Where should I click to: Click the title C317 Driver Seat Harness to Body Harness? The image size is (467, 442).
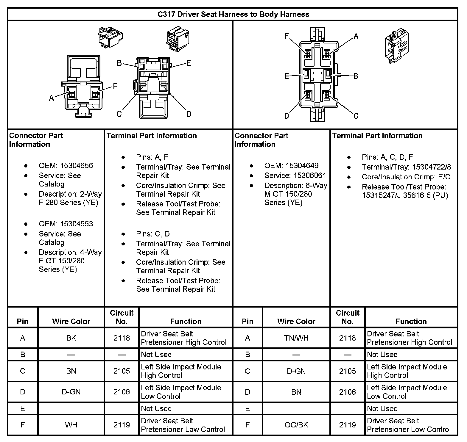click(233, 14)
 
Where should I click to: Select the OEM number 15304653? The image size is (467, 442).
click(77, 224)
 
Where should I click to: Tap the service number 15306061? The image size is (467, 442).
click(310, 175)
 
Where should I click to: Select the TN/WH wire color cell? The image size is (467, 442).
click(296, 338)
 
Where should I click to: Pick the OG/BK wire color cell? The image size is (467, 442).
click(296, 425)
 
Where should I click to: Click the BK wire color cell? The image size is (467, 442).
click(71, 338)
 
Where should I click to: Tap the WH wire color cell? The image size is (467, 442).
click(71, 425)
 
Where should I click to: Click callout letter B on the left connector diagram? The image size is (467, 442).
click(119, 63)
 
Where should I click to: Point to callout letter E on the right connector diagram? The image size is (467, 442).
click(287, 76)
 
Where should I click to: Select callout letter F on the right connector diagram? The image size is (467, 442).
click(287, 36)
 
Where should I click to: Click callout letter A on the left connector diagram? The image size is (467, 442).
click(52, 98)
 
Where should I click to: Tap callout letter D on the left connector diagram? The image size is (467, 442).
click(189, 114)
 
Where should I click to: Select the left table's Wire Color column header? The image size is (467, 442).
click(71, 321)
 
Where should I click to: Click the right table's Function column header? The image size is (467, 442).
click(411, 321)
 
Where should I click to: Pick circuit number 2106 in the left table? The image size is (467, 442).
click(122, 392)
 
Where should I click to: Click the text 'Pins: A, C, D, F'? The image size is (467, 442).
click(387, 157)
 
